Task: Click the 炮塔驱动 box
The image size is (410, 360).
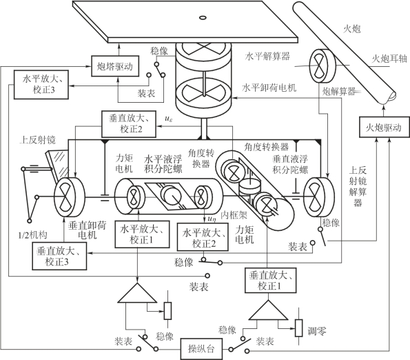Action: coord(115,66)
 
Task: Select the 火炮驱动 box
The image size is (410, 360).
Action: coord(383,127)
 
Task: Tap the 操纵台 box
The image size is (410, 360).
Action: coord(201,349)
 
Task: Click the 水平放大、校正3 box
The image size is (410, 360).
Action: coord(41,85)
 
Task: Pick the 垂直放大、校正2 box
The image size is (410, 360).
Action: coord(129,124)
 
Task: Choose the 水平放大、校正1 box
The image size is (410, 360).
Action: coord(142,234)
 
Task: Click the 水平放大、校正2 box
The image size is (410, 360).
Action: coord(203,237)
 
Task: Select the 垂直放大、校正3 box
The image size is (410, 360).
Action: coord(59,256)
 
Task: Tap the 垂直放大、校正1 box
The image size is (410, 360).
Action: coord(270,280)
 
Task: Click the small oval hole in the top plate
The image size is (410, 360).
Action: coord(203,17)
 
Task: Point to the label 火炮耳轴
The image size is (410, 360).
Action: coord(389,59)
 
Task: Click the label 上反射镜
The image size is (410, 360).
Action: coord(38,140)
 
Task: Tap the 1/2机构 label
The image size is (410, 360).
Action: coord(32,235)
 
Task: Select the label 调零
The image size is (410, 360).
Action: coord(317,332)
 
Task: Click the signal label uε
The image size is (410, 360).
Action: coord(169,119)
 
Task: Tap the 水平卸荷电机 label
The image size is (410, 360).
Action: coord(269,88)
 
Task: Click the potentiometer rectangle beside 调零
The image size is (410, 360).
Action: coord(299,328)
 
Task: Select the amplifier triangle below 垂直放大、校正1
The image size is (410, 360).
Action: coord(268,310)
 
